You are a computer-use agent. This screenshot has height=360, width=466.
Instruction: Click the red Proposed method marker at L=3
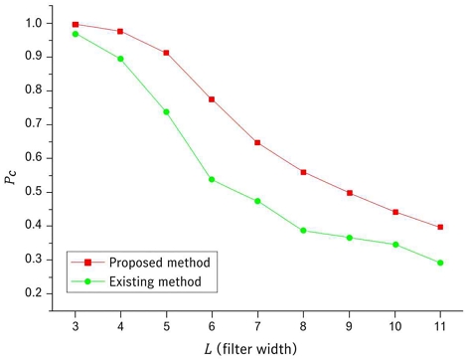(76, 25)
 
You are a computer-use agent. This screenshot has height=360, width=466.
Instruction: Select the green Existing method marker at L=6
(212, 180)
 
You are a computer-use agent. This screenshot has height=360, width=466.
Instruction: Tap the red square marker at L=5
(166, 53)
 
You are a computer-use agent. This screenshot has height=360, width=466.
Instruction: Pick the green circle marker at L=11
(440, 263)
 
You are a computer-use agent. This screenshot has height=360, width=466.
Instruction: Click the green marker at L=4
(120, 59)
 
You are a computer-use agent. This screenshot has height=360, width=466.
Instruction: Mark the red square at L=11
(440, 227)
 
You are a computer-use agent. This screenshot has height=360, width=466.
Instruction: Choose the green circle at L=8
(303, 231)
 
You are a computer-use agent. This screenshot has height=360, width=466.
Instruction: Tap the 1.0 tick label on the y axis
(33, 22)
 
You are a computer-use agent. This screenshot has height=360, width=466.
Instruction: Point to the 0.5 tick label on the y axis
(33, 191)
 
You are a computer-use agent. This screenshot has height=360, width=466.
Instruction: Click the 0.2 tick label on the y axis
(33, 292)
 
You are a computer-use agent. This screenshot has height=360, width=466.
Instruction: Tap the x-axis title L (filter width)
(256, 346)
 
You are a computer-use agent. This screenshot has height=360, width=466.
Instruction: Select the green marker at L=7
(257, 201)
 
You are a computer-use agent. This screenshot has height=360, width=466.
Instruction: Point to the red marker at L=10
(394, 212)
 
